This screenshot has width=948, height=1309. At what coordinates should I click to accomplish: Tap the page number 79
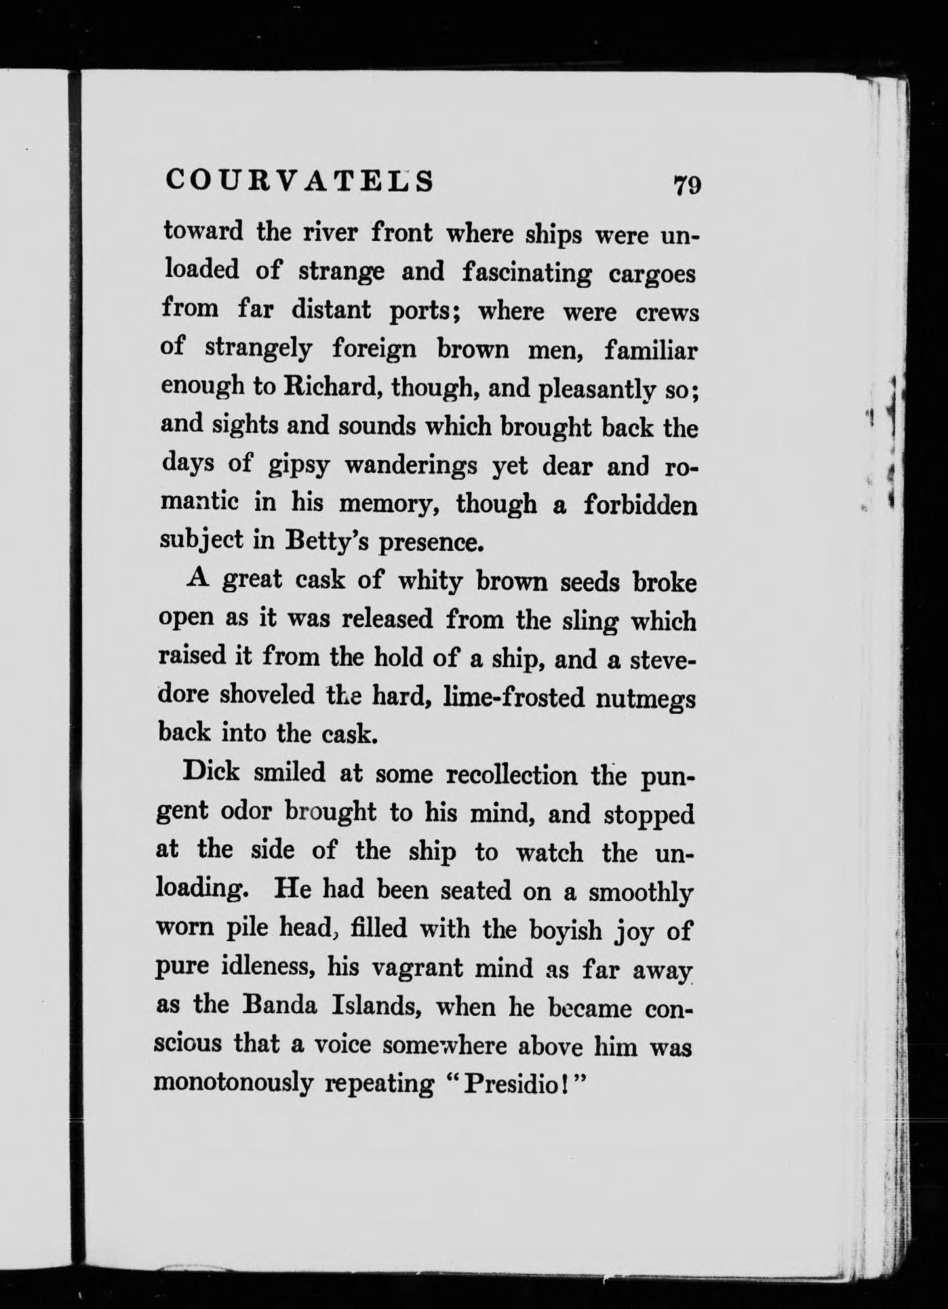click(x=686, y=185)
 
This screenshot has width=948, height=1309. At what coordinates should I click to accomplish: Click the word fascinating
click(x=528, y=273)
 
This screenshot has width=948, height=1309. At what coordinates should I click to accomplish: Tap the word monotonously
click(x=235, y=1084)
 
